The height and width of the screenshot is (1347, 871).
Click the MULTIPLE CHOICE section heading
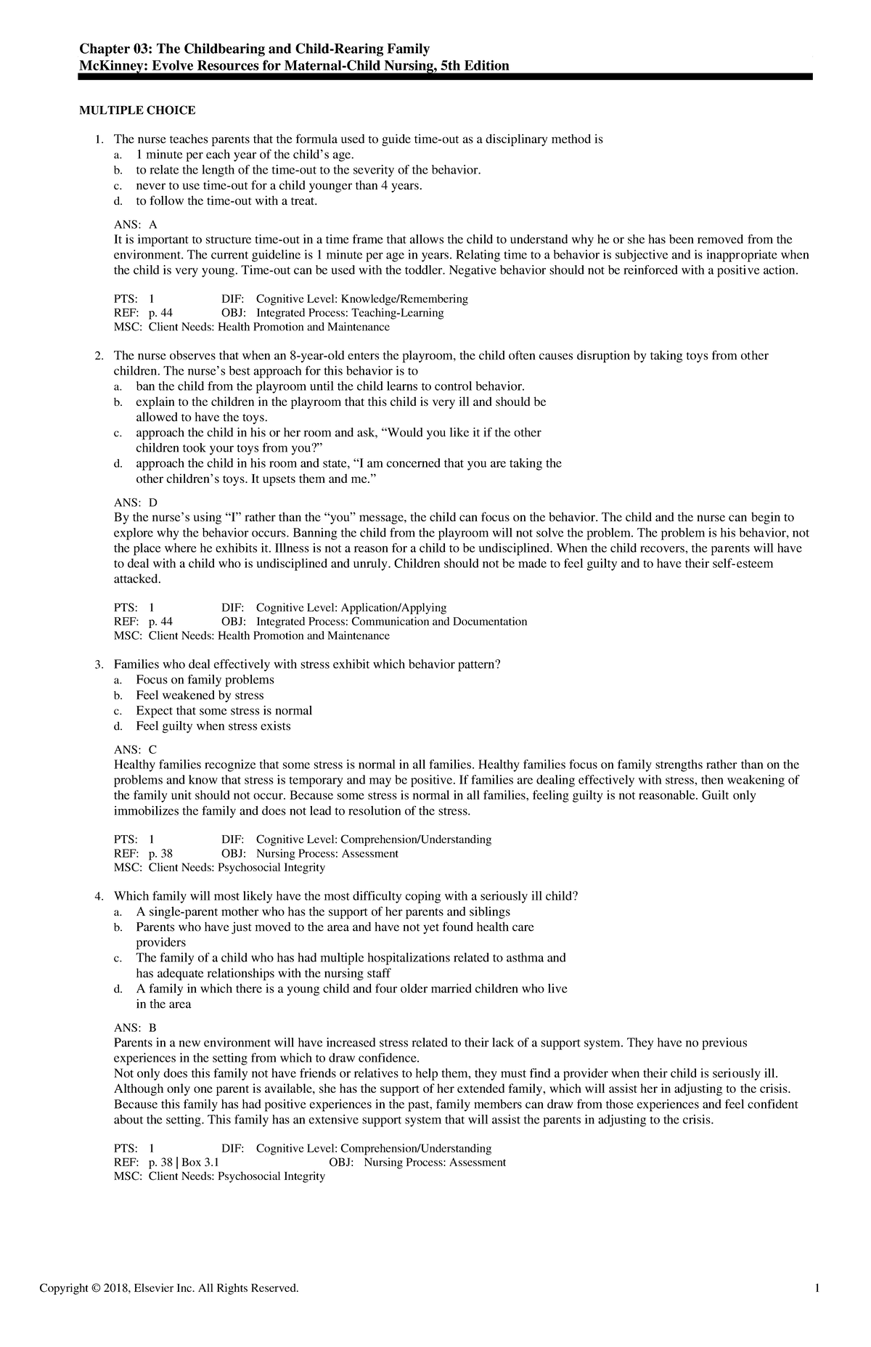tap(137, 110)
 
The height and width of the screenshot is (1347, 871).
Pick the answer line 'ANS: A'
tap(136, 225)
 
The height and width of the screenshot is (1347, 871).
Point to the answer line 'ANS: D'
tap(136, 502)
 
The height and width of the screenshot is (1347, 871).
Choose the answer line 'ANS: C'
tap(136, 749)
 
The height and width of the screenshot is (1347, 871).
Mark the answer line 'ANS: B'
tap(136, 1027)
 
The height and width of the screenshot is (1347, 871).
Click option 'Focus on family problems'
tap(205, 680)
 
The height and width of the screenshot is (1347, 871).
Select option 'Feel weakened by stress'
tap(200, 695)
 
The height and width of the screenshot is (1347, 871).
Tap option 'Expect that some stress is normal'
tap(224, 711)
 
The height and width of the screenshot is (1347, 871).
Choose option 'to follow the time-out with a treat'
tap(226, 200)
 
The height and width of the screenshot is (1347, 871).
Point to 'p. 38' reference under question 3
tap(160, 854)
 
